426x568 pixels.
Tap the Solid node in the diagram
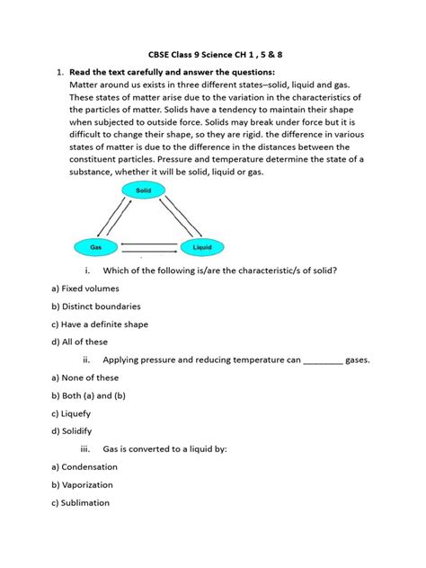144,191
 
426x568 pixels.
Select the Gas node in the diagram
95,244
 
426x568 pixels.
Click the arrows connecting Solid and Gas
116,217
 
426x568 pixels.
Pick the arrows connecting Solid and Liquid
173,217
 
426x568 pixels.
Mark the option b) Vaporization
90,485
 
